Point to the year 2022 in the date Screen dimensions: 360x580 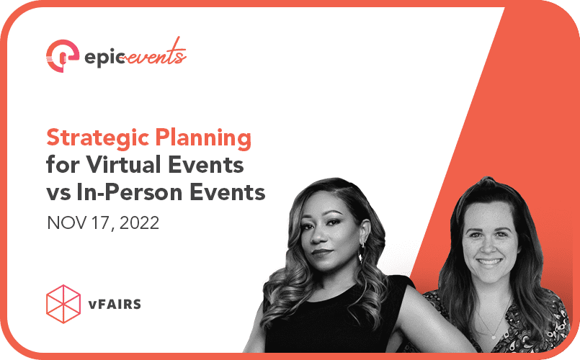point(136,222)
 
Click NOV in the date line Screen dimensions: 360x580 point(63,222)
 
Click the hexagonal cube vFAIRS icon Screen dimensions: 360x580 point(63,303)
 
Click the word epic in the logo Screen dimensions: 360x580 point(103,55)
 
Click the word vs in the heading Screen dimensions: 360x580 point(59,192)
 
